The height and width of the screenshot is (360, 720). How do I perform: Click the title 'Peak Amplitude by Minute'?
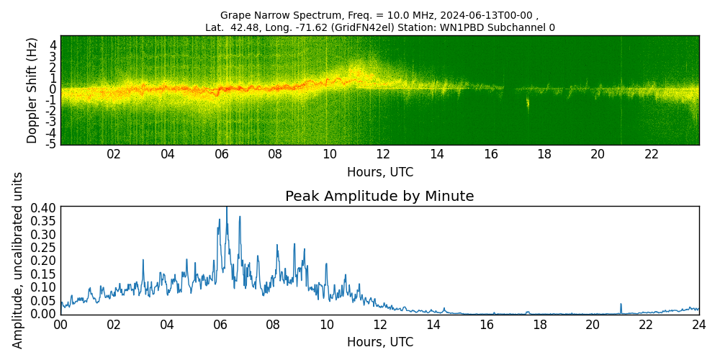tap(379, 197)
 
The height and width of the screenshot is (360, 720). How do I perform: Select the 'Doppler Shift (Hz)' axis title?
tap(32, 90)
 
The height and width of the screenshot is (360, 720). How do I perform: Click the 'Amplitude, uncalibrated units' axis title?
tap(18, 260)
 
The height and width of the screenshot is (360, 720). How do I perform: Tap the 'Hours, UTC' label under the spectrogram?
tap(379, 173)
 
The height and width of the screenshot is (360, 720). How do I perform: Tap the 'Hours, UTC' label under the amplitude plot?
tap(379, 342)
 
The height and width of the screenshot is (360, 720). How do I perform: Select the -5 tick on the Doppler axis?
tap(52, 145)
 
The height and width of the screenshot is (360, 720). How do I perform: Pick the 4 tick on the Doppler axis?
tap(53, 45)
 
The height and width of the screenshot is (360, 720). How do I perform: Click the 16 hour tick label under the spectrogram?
tap(491, 154)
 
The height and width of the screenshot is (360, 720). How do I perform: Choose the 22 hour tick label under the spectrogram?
tap(652, 154)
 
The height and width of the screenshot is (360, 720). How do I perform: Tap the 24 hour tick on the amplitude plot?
tap(698, 325)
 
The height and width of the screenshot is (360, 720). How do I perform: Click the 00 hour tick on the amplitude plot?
tap(60, 325)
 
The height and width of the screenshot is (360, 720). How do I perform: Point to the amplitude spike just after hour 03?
tap(143, 261)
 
